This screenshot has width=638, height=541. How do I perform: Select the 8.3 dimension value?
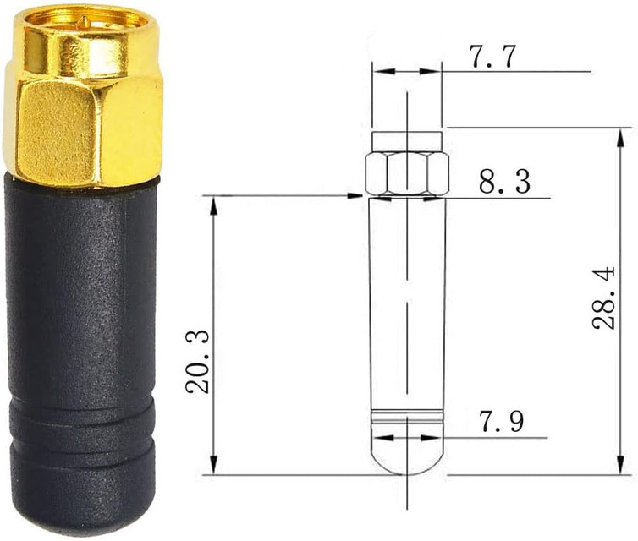pos(505,182)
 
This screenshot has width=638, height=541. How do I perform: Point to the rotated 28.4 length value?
pos(602,298)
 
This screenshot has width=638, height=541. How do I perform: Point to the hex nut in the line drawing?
pos(407,174)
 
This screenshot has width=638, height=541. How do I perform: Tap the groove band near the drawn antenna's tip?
pos(407,415)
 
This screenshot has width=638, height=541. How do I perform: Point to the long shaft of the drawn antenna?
pos(407,304)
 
